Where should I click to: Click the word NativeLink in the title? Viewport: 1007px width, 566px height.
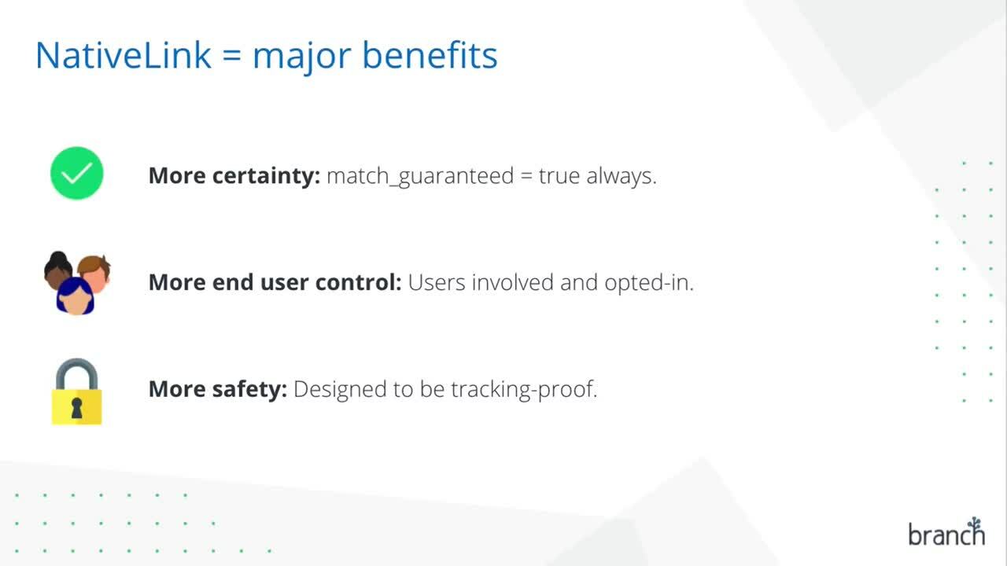124,55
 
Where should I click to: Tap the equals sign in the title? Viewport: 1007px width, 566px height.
232,56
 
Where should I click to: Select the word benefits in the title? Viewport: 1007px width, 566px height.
430,55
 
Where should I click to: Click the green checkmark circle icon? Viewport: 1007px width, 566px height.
77,173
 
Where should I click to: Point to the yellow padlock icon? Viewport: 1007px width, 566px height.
76,391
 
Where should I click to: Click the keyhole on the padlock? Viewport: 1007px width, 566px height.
76,408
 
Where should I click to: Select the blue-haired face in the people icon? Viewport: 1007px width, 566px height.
75,296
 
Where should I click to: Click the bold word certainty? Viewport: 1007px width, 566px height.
266,175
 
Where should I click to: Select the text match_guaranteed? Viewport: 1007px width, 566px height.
420,176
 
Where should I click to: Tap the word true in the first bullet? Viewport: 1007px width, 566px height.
559,175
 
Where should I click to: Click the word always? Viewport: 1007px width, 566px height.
622,176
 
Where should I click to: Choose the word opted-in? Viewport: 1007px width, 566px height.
649,283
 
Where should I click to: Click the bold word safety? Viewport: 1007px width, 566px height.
249,389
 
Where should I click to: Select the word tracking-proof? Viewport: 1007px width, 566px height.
524,389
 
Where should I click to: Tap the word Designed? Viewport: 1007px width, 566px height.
340,389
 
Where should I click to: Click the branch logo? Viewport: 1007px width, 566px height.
946,532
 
